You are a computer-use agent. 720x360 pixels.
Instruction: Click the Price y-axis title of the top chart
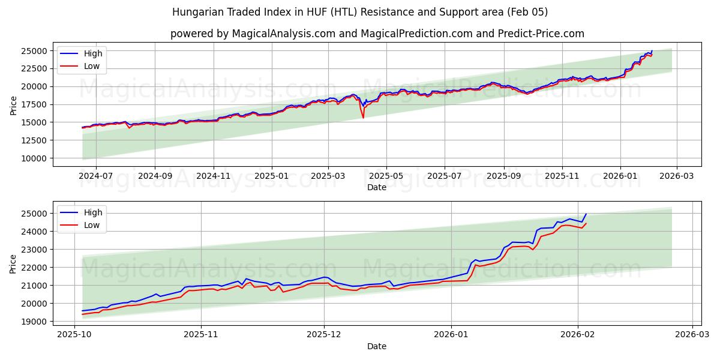(13, 104)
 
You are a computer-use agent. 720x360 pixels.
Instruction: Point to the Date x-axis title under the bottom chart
(377, 346)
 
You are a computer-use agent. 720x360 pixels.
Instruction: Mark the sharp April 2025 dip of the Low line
(363, 117)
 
